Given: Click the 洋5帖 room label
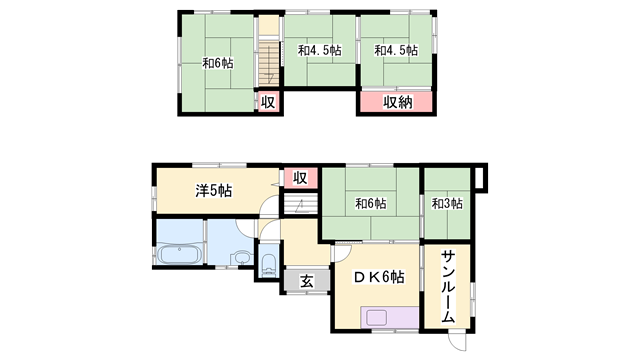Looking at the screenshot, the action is (x=214, y=190).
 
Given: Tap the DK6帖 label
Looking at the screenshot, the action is (x=378, y=277).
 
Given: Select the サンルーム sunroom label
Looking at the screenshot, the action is (x=448, y=287).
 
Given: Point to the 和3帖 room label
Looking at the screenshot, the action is (x=447, y=203).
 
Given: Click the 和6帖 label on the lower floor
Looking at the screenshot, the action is (x=371, y=203).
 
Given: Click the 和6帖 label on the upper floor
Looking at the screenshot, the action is (x=218, y=63).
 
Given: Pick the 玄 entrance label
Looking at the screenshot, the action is (x=307, y=281).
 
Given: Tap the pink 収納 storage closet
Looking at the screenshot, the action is (x=396, y=101).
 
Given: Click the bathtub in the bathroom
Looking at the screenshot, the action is (x=180, y=254).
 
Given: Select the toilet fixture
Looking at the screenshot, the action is (x=269, y=264).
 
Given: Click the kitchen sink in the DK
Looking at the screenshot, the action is (x=376, y=318).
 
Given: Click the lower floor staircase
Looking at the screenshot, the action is (x=301, y=204).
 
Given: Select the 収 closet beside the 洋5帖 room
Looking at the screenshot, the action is (x=300, y=178).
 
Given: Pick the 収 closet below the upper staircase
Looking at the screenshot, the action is (x=269, y=102).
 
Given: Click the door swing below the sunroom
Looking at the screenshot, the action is (x=458, y=342).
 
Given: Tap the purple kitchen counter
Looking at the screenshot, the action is (x=390, y=317).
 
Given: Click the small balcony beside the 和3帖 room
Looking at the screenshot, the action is (x=480, y=178).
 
